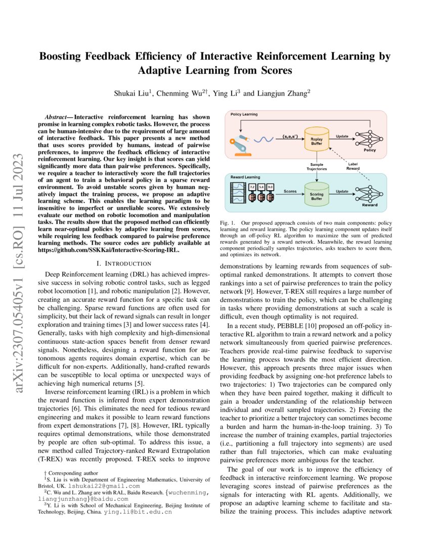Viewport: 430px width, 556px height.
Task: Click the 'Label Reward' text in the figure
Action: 353,166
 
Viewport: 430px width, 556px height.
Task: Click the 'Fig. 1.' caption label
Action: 228,223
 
